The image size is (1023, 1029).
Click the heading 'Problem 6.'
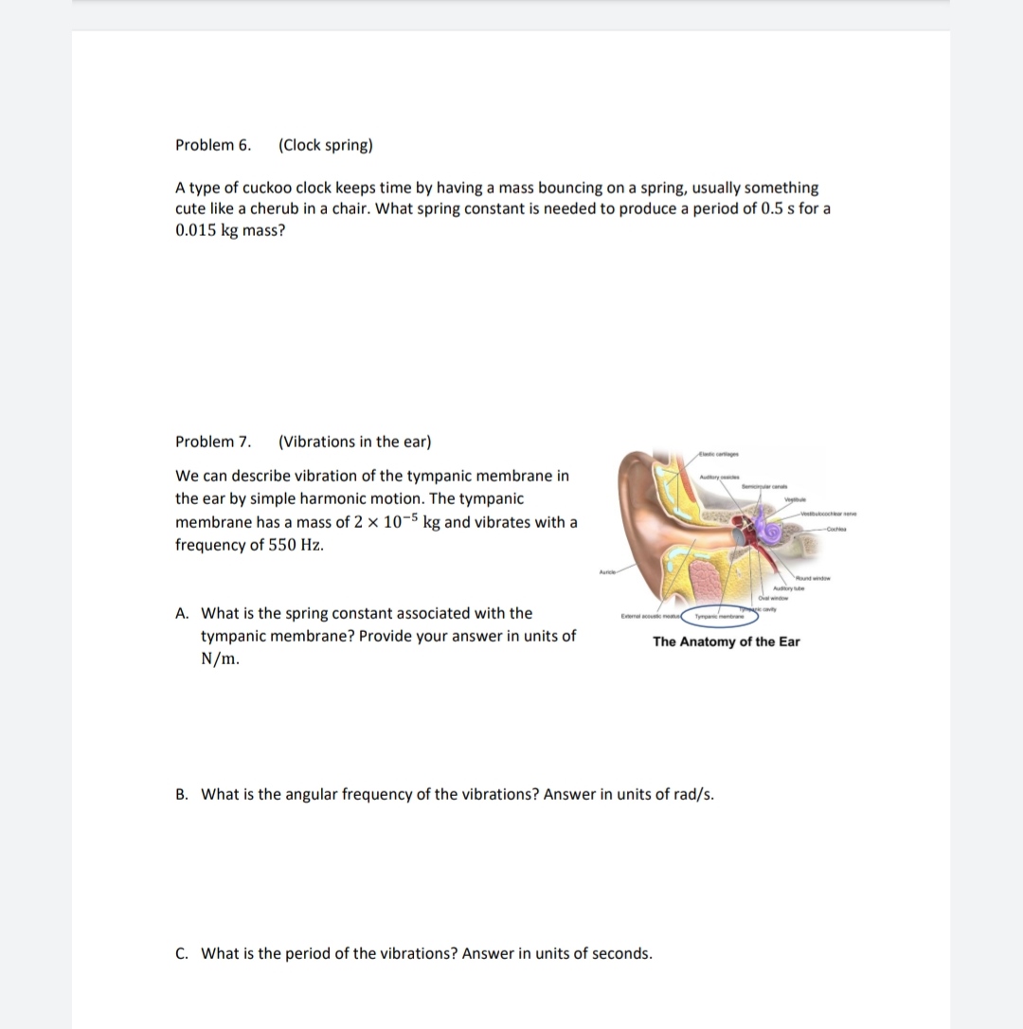213,145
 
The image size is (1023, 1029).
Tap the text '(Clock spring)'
326,145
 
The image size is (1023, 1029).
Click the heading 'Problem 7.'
213,442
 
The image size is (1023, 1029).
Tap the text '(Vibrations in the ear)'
355,442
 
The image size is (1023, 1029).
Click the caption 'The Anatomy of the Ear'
726,642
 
